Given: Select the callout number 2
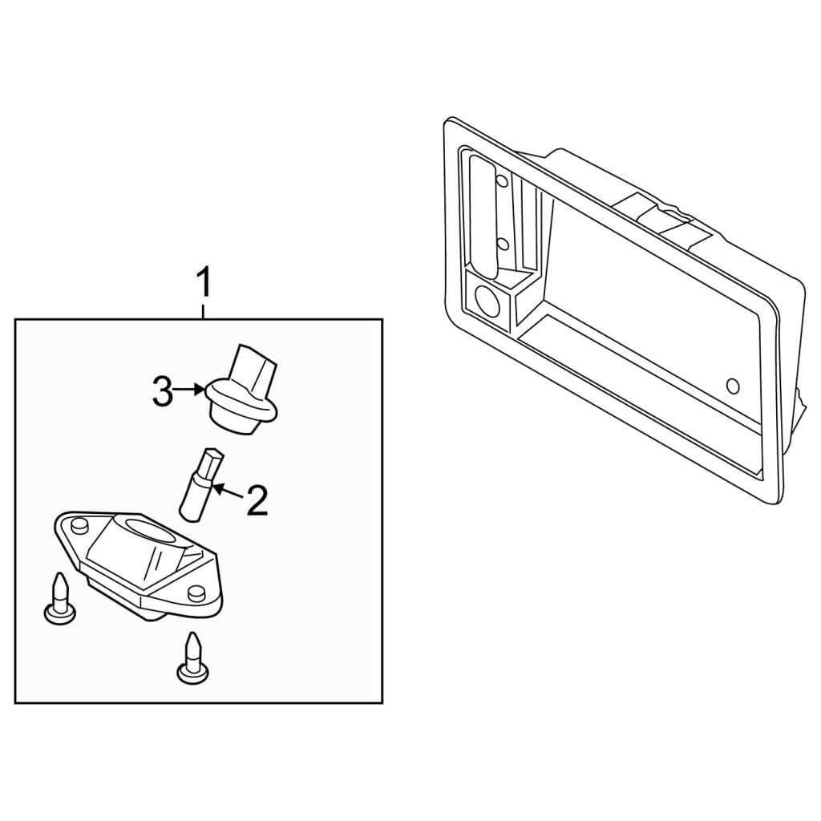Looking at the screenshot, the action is click(257, 500).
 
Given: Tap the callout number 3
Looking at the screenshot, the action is click(162, 390).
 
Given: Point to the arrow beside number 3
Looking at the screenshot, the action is click(189, 389).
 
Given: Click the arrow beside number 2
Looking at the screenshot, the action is click(229, 492).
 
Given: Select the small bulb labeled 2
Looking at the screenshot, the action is click(202, 484).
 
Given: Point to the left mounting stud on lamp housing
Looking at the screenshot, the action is click(79, 525).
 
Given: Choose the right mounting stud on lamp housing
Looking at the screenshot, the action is click(196, 592).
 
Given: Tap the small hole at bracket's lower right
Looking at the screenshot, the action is click(733, 386).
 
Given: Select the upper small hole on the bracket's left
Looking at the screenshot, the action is click(502, 182).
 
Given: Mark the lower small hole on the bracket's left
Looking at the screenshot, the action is click(502, 244).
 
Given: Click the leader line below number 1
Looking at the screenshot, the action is click(203, 309).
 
